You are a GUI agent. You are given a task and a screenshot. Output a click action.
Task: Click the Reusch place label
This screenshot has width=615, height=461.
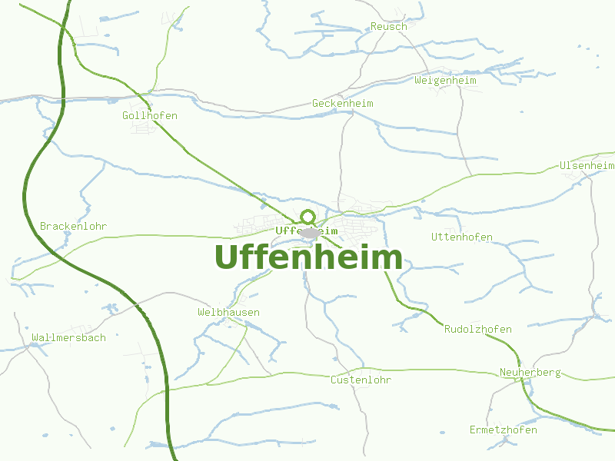tap(388, 27)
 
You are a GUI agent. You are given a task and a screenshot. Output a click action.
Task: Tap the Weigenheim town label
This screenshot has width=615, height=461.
tap(445, 81)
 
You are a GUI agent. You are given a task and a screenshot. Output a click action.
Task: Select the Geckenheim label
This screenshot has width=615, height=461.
tap(342, 104)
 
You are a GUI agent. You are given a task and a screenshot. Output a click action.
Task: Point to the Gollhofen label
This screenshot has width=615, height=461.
tap(150, 116)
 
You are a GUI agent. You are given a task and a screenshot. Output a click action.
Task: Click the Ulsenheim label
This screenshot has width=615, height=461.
tap(587, 166)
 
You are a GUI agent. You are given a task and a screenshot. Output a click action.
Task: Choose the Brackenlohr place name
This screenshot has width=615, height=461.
tap(73, 227)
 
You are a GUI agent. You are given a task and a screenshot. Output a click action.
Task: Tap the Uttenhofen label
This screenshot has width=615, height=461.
tap(461, 237)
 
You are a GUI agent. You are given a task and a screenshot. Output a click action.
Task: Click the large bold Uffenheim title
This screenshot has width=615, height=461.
tap(308, 257)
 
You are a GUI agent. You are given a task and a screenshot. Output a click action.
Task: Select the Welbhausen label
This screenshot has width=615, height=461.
tap(228, 313)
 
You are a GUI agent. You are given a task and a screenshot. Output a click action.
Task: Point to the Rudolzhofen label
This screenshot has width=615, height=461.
tap(477, 330)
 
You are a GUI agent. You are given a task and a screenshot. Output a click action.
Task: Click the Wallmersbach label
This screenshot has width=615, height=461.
tap(69, 338)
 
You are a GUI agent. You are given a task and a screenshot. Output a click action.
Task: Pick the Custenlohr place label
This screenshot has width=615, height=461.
tap(361, 380)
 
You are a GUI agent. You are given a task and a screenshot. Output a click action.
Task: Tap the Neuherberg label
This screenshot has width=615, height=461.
tap(530, 373)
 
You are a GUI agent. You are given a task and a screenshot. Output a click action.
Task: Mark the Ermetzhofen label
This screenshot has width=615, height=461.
tap(503, 430)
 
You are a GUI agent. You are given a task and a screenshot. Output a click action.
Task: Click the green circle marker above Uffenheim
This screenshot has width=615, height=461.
tap(308, 217)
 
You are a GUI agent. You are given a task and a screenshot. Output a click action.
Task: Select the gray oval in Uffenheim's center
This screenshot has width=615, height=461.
tap(310, 232)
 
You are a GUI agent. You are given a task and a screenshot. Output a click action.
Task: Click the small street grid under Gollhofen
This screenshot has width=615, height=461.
tap(145, 127)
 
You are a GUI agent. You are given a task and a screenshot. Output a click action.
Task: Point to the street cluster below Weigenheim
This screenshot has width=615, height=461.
tap(450, 91)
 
